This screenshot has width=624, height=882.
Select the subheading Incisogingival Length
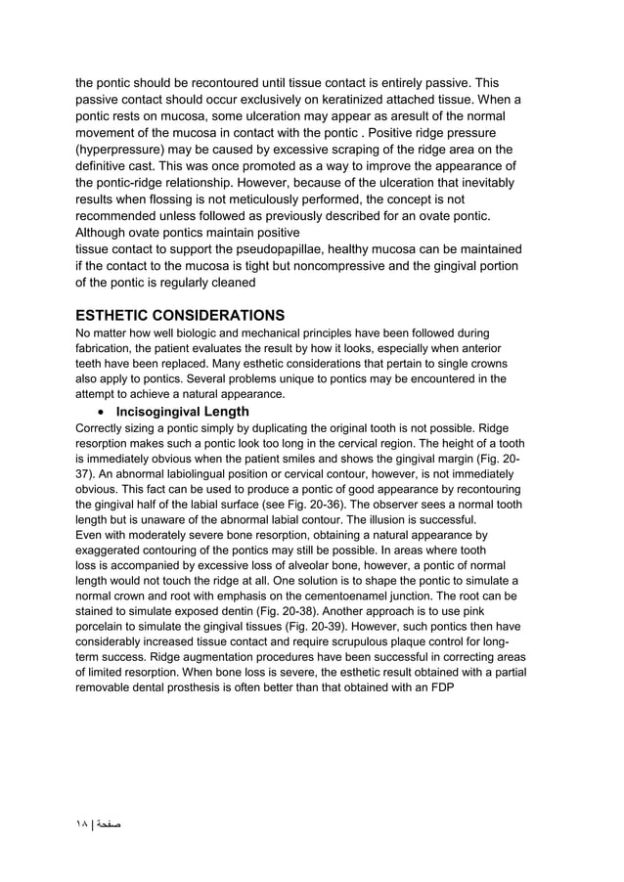click(182, 412)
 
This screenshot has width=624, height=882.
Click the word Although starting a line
click(106, 232)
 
